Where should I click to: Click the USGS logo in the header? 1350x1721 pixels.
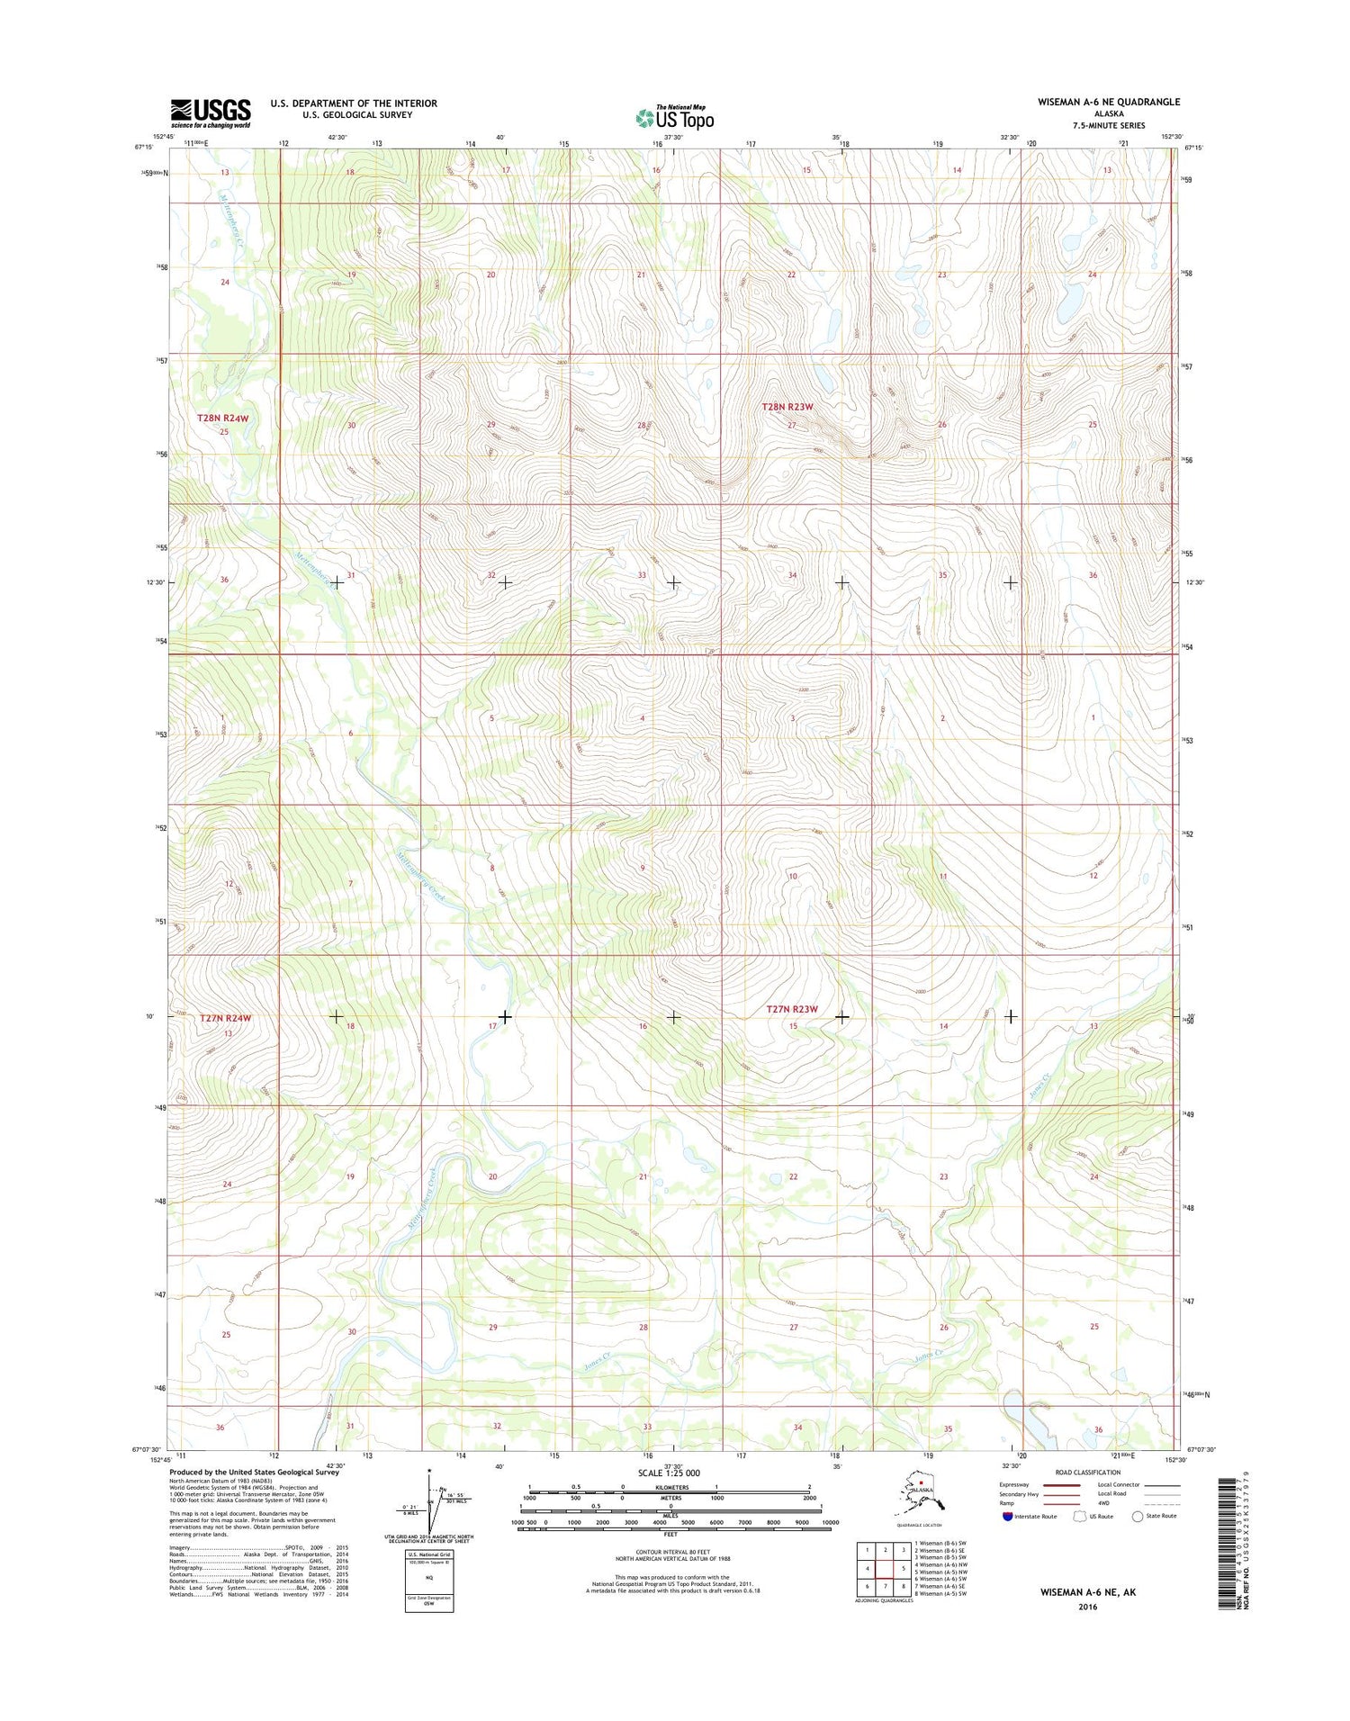coord(211,113)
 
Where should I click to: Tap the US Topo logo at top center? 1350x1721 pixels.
coord(675,117)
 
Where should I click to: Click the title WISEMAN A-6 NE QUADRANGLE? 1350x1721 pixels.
coord(1108,102)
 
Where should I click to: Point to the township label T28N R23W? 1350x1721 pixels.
coord(787,407)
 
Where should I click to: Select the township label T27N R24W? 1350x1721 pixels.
coord(225,1018)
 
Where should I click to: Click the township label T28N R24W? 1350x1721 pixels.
coord(222,419)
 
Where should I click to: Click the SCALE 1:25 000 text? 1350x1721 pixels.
coord(669,1473)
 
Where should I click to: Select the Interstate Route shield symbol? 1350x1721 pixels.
coord(1007,1516)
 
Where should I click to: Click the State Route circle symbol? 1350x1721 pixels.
coord(1138,1516)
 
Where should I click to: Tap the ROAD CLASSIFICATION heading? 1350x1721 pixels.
coord(1088,1473)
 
